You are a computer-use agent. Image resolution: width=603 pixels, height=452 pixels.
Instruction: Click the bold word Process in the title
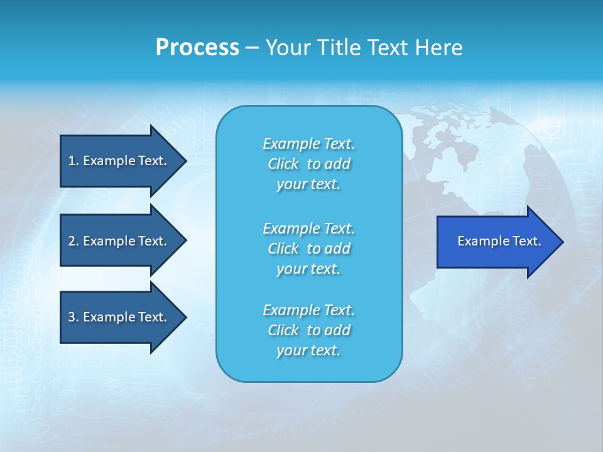point(197,48)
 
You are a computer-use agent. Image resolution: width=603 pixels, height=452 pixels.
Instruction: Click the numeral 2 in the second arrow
point(72,241)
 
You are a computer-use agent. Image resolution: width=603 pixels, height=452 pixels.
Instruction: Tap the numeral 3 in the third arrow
point(72,317)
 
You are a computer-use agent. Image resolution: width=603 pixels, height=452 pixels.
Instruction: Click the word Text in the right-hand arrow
point(528,241)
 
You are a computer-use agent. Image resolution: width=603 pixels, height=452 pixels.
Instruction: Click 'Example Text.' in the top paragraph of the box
point(308,144)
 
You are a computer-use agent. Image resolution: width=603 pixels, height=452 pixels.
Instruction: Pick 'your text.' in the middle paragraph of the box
point(308,269)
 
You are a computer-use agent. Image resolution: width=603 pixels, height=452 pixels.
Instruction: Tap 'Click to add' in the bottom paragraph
point(308,330)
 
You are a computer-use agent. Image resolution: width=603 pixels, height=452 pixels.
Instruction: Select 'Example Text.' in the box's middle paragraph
point(308,228)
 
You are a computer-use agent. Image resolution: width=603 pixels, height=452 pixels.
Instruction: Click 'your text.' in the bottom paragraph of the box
point(308,350)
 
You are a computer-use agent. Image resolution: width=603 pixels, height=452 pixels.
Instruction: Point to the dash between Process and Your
point(252,48)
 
